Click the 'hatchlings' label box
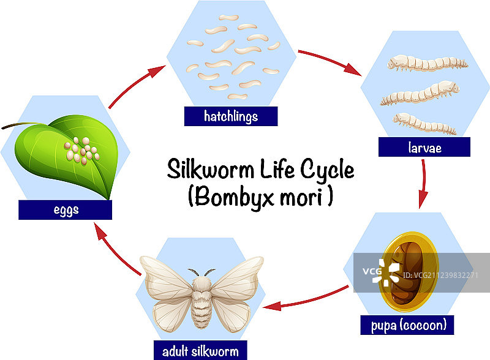pos(231,116)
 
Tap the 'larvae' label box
pos(424,147)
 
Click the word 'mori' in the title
pos(306,197)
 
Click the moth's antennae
pos(201,271)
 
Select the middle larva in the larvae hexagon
pos(420,95)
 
